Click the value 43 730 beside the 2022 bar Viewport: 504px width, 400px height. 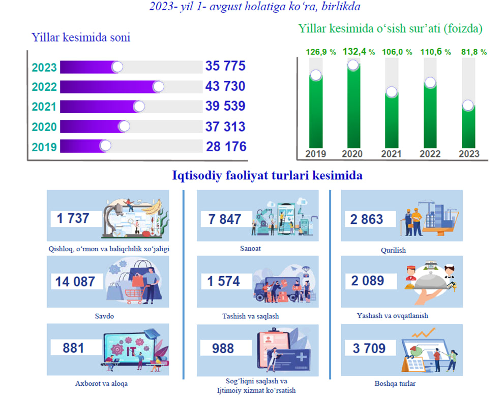click(225, 86)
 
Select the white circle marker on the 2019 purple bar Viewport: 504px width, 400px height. click(105, 146)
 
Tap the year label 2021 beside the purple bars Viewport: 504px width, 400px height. click(44, 107)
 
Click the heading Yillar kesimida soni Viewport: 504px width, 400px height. click(81, 37)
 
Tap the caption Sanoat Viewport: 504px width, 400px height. click(250, 249)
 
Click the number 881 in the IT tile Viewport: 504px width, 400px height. click(73, 348)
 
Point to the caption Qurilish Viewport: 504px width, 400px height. click(393, 250)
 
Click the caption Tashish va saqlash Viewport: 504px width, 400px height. click(250, 316)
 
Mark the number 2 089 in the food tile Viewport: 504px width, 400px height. click(367, 280)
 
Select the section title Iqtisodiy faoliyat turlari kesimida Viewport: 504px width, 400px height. click(268, 176)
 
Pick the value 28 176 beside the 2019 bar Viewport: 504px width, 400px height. click(226, 147)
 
